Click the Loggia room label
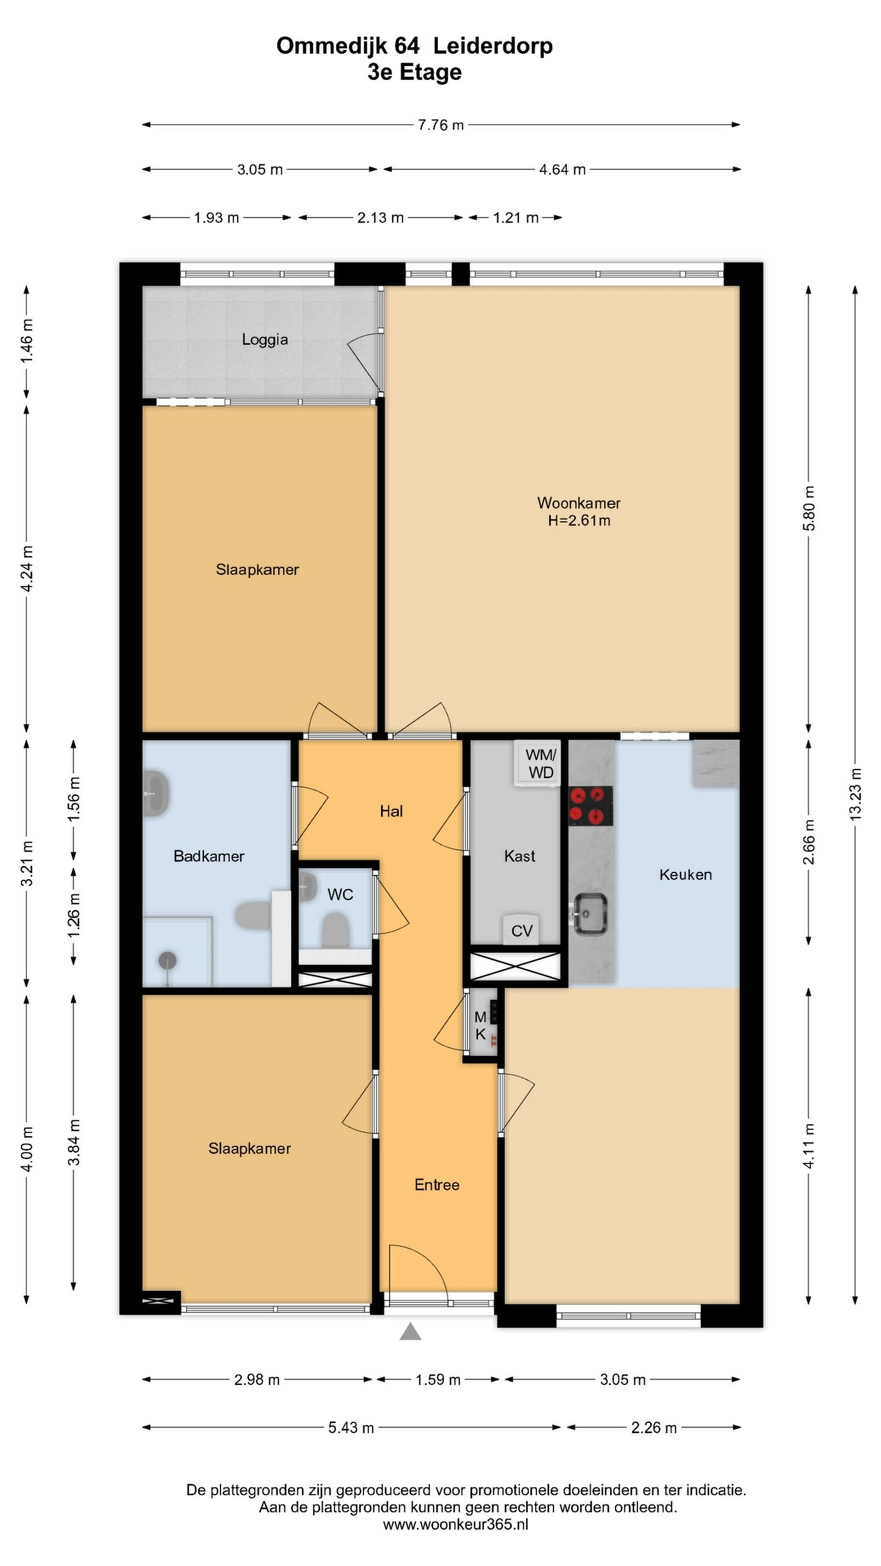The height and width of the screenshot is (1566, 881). coord(264,339)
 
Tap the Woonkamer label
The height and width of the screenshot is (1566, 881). coord(578,503)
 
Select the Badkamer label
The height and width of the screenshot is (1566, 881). coord(208,856)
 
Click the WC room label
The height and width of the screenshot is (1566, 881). coord(340,894)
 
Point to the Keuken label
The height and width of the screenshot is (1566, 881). coord(685,874)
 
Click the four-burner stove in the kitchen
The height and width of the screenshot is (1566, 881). coord(591,806)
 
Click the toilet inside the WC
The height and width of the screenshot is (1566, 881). coord(335,930)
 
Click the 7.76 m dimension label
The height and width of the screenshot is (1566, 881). coord(441,125)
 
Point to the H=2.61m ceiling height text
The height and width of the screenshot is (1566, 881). coord(579,520)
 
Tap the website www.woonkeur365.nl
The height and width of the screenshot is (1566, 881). coord(455,1524)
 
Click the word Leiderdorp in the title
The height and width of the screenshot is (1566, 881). coord(493,45)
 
